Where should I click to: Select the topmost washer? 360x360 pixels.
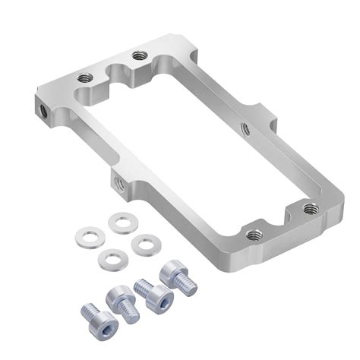pos(120,223)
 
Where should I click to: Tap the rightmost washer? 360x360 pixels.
pos(142,245)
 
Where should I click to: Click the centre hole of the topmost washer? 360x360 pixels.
pos(120,223)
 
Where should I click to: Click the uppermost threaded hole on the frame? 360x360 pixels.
pos(137,55)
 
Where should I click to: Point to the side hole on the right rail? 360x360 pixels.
pos(244,128)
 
